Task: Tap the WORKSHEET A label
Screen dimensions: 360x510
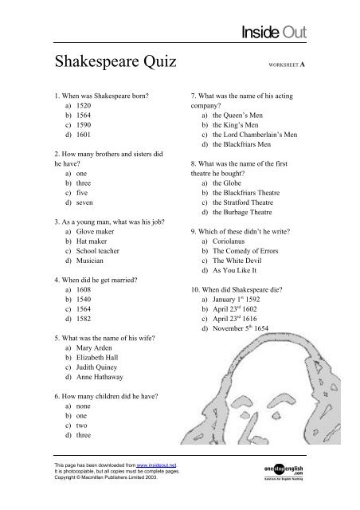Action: tap(297, 65)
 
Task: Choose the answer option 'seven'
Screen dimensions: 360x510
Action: tap(77, 204)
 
